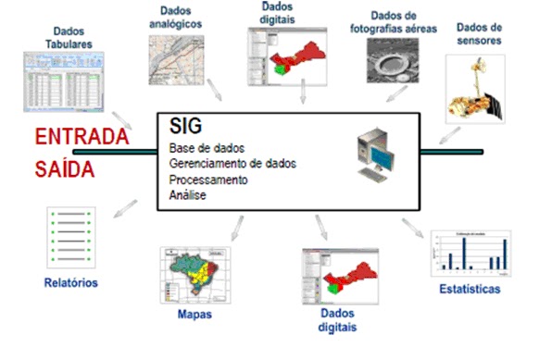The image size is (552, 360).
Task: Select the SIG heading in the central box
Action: click(x=187, y=125)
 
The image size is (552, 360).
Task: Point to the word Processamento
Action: click(x=208, y=180)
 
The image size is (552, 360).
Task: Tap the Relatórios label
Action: click(x=70, y=281)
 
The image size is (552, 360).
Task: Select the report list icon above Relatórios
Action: click(x=69, y=235)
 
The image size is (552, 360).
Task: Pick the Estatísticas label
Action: click(x=470, y=290)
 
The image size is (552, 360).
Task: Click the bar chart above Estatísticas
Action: click(x=470, y=254)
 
